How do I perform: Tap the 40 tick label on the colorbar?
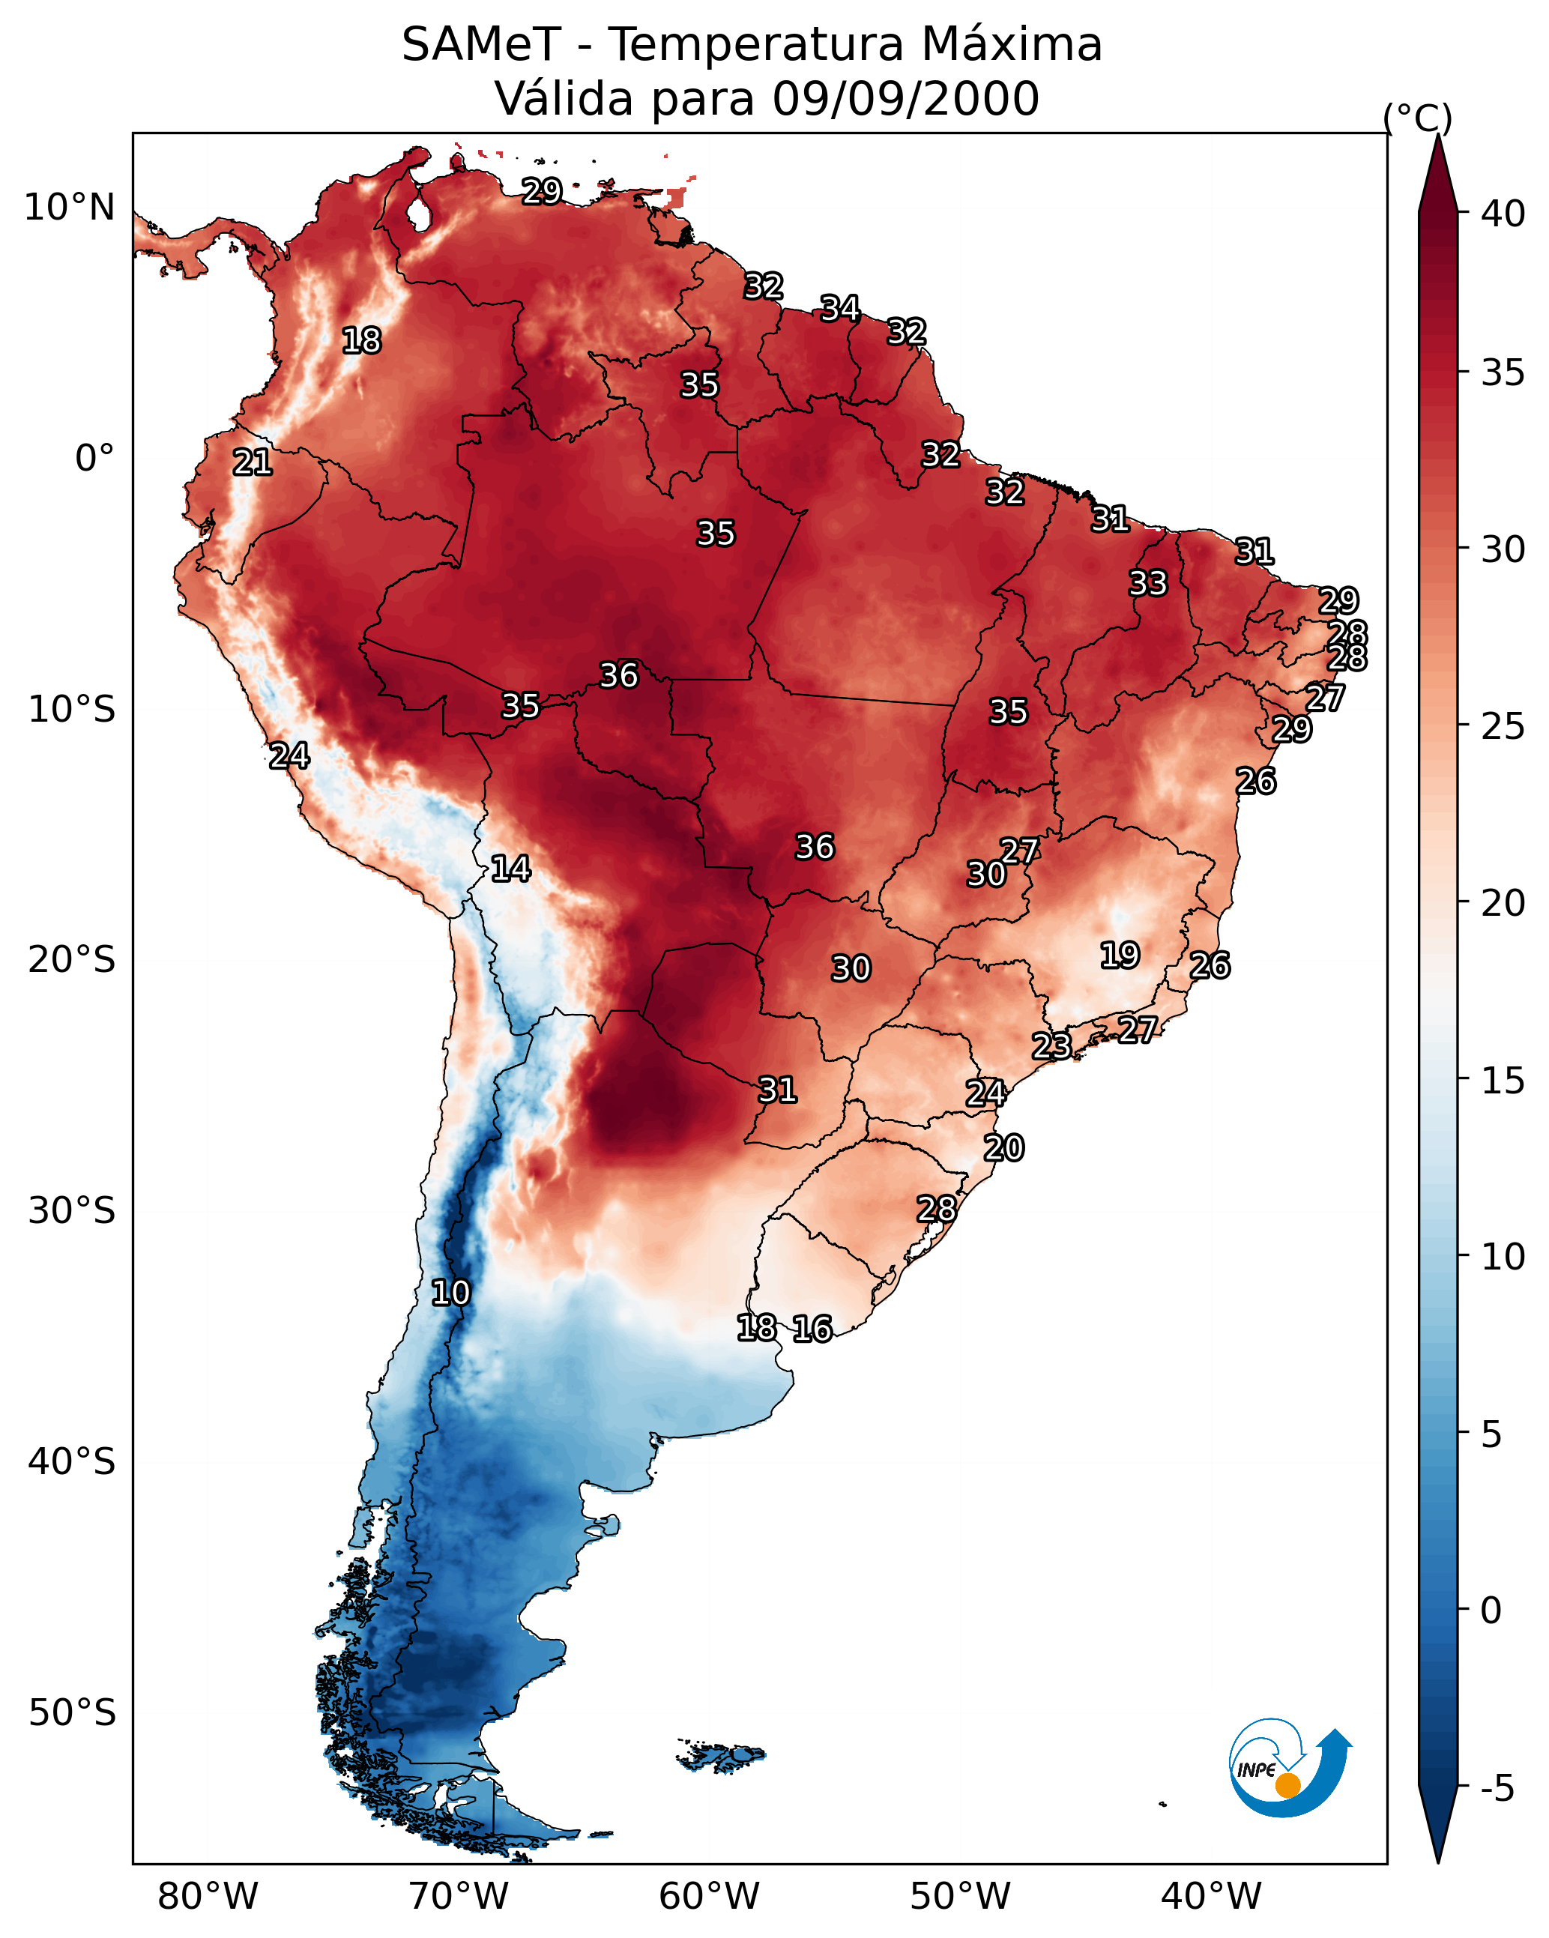coord(1503,214)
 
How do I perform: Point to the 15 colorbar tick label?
coord(1503,1081)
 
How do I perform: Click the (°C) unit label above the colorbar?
coord(1418,117)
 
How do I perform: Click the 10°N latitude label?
coord(69,208)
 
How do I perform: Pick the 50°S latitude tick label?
coord(72,1712)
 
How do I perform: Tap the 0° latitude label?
coord(94,459)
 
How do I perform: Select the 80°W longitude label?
coord(208,1897)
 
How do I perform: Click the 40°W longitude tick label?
coord(1211,1897)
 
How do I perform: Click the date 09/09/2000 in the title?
coord(905,98)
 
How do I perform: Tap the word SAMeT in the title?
coord(481,44)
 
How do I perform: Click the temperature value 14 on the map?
coord(510,869)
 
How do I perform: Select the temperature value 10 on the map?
coord(450,1293)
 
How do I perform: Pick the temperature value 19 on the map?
coord(1120,955)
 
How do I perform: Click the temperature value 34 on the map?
coord(841,308)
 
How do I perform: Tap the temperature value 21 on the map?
coord(253,462)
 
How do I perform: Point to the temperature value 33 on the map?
coord(1148,582)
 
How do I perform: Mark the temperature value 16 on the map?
coord(812,1329)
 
